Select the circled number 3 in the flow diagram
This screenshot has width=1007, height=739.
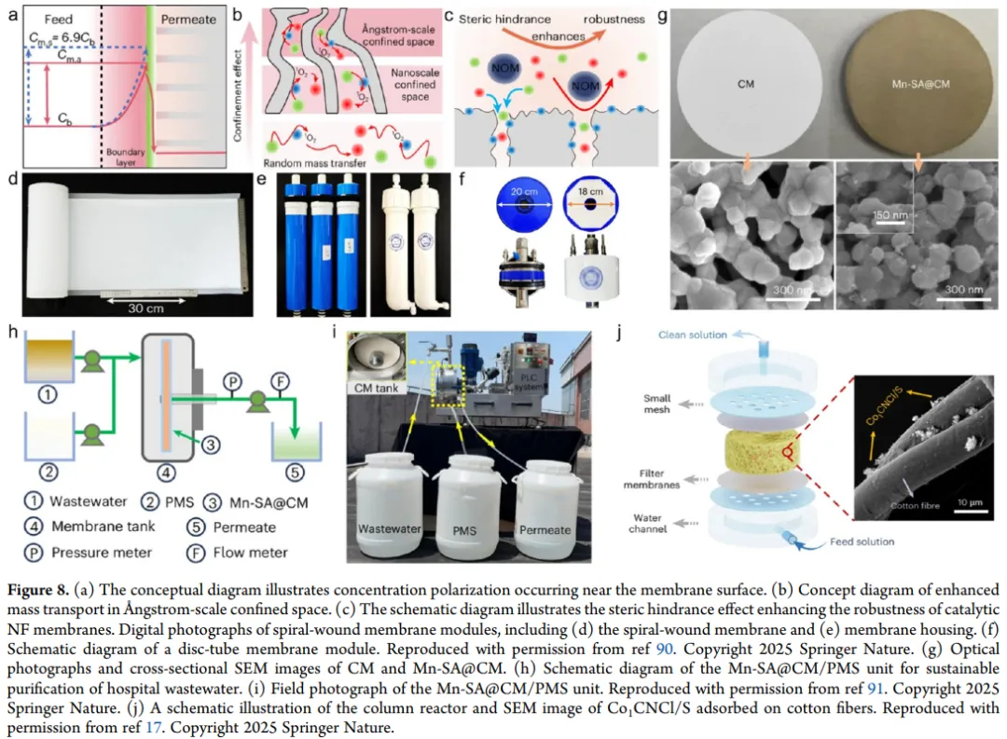(213, 446)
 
